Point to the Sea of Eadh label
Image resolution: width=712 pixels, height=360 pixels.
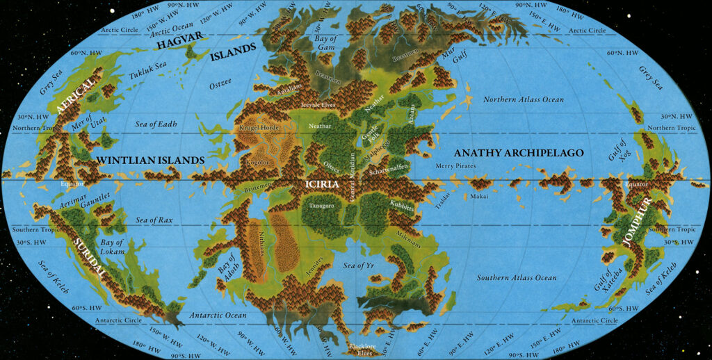156,124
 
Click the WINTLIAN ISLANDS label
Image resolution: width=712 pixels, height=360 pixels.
150,161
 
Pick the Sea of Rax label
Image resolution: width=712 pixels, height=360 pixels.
154,220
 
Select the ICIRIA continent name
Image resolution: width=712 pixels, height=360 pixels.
321,184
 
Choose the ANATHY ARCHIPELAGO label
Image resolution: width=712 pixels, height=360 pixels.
518,153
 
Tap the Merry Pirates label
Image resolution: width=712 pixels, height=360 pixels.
455,166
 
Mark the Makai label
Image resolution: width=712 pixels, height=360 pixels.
479,197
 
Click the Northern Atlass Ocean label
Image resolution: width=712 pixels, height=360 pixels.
523,99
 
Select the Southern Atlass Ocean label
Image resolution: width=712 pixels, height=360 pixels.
517,278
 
